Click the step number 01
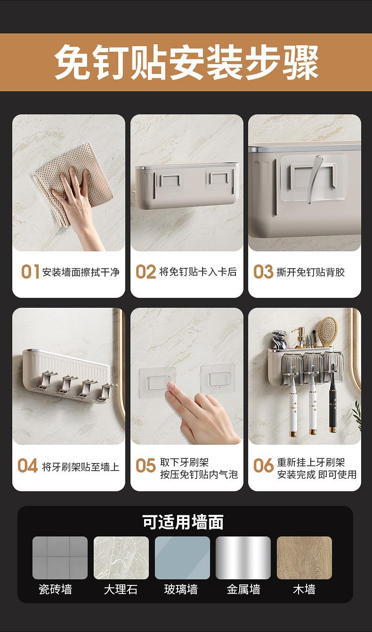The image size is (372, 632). (x=30, y=272)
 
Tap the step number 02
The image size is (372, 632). (x=146, y=272)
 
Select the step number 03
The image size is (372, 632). (x=263, y=272)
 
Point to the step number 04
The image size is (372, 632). (x=28, y=465)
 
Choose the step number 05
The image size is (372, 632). (x=146, y=465)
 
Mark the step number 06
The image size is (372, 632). (x=263, y=465)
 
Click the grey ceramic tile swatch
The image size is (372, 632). (x=60, y=558)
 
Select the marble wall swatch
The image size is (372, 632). (x=121, y=558)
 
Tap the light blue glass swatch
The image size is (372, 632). (x=182, y=558)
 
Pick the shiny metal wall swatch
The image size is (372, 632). (x=243, y=558)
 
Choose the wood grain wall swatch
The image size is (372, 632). (x=304, y=558)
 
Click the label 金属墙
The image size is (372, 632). (x=243, y=589)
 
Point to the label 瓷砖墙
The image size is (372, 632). (x=55, y=589)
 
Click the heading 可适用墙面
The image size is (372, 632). (x=183, y=522)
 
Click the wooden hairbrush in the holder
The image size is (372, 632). (x=328, y=331)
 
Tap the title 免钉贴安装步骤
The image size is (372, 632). (x=186, y=62)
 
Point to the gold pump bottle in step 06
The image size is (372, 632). (x=301, y=337)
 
